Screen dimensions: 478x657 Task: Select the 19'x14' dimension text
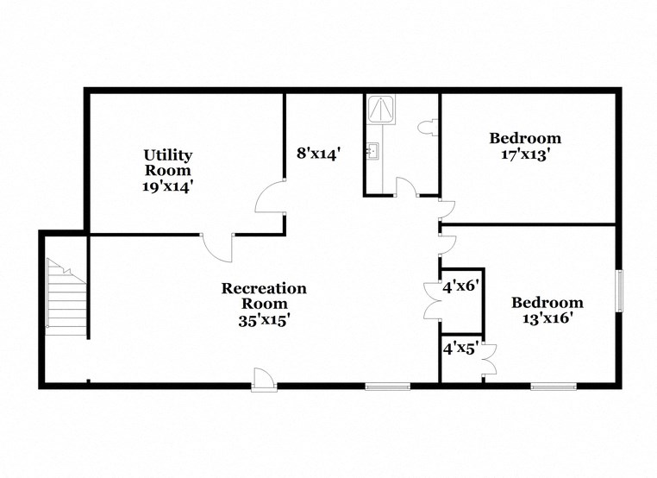[168, 186]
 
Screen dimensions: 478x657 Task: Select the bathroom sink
[372, 153]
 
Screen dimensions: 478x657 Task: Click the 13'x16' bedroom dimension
[547, 318]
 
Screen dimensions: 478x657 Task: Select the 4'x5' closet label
[460, 349]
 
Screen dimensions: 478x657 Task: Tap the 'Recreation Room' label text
[264, 296]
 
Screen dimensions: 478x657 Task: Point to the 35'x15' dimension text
[264, 318]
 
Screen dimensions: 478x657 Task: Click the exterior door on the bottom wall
[264, 379]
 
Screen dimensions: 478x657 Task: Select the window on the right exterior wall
[618, 292]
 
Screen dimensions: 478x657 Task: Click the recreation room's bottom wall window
[386, 386]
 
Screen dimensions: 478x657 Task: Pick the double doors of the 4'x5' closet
[491, 357]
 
